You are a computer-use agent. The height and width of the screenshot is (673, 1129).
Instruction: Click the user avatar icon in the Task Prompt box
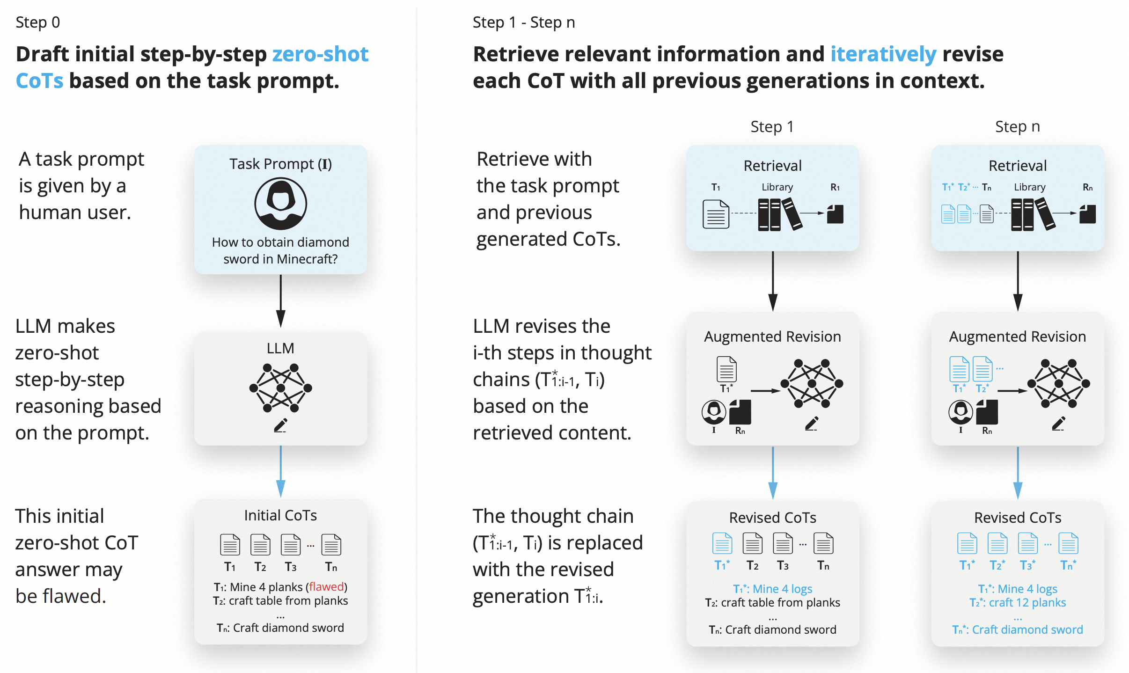[280, 204]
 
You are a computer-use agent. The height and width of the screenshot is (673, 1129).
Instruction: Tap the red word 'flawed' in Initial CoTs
[326, 586]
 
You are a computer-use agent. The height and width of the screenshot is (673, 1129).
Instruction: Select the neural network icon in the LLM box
[280, 388]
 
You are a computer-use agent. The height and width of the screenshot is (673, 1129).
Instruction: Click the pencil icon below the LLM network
[280, 425]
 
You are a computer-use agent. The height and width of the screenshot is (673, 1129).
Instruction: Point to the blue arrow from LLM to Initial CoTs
[280, 471]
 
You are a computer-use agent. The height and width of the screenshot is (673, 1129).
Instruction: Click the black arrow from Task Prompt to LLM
[280, 301]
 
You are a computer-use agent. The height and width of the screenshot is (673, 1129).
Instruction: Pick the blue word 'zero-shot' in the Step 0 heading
[320, 54]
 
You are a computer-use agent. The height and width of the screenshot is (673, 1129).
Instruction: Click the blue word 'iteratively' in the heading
[883, 54]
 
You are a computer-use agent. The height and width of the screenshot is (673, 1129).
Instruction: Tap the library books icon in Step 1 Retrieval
[780, 214]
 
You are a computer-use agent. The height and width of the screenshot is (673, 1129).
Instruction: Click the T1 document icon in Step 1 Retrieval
[716, 214]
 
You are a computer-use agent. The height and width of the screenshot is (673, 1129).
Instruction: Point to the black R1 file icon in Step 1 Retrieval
[835, 214]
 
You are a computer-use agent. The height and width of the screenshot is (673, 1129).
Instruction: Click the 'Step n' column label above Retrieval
[1017, 126]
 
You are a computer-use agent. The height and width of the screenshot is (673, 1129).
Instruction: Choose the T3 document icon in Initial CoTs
[290, 545]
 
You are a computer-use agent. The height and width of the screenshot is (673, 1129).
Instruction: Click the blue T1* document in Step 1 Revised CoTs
[722, 543]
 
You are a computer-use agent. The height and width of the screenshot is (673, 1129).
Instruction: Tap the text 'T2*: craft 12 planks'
[1017, 602]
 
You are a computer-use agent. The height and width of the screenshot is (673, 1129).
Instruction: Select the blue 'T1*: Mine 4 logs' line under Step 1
[772, 589]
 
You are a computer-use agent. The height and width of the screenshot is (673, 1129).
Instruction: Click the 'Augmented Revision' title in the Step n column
[1017, 336]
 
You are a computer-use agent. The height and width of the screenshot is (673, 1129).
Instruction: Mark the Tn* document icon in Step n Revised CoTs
[1068, 543]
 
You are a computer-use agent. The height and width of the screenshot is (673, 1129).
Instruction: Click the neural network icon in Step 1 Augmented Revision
[812, 383]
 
